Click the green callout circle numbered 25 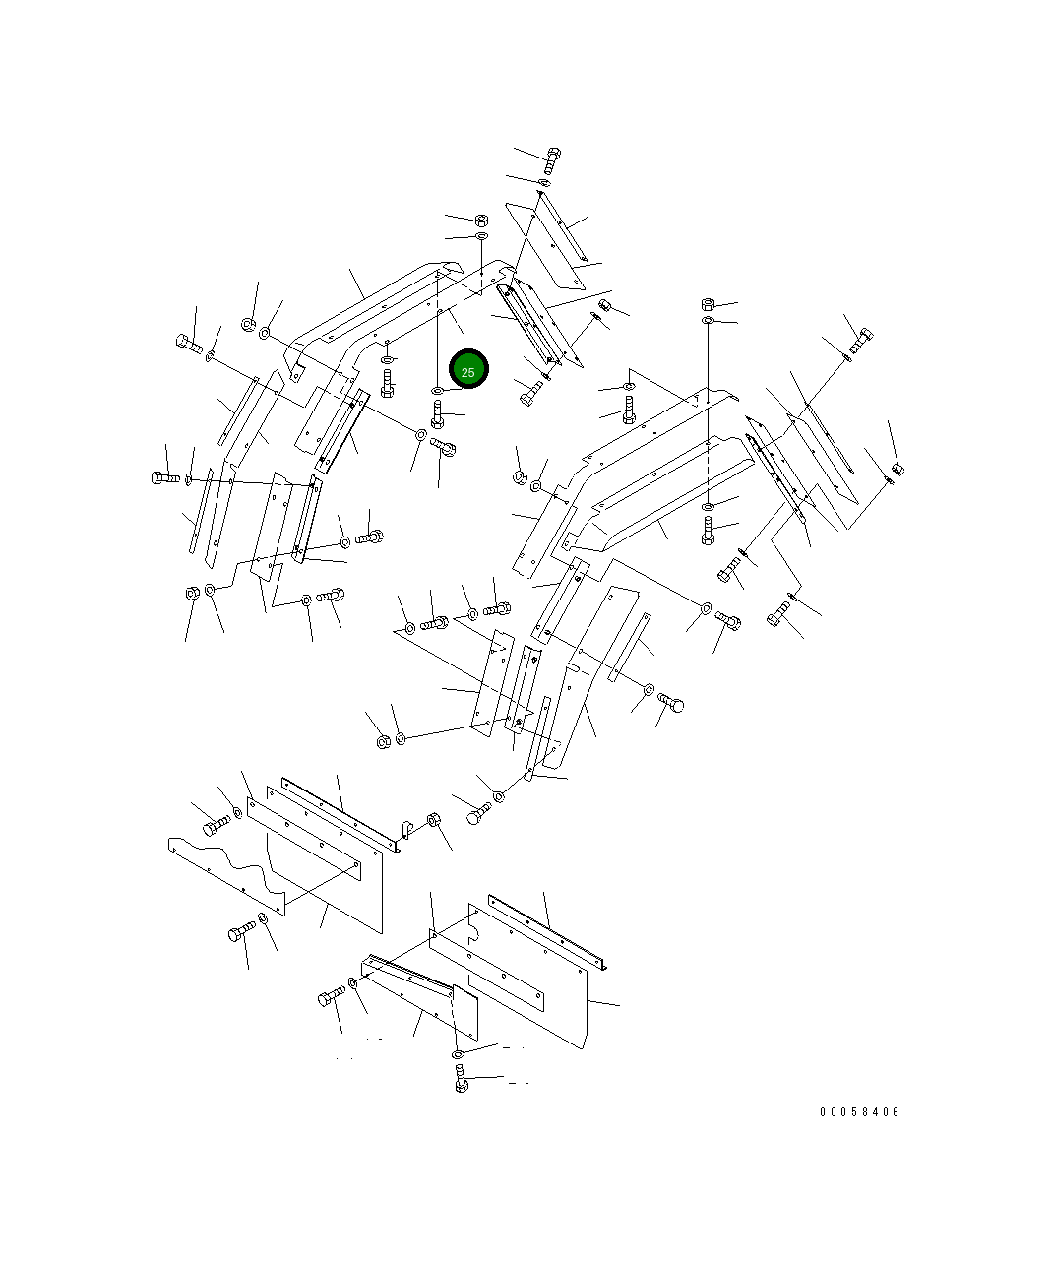click(x=468, y=370)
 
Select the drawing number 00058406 click(x=859, y=1112)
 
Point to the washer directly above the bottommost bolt click(x=458, y=1054)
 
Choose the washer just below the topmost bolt click(x=544, y=183)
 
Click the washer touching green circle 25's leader click(x=437, y=392)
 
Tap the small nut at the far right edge click(x=897, y=469)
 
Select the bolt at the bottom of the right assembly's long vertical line click(x=709, y=534)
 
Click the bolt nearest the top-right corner click(x=861, y=339)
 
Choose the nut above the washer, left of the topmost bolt click(x=481, y=220)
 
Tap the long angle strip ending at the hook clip click(x=340, y=813)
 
